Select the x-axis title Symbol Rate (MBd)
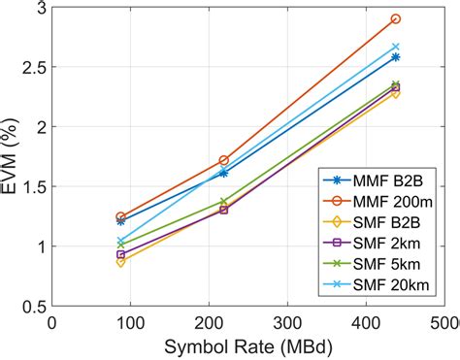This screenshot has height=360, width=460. (x=249, y=346)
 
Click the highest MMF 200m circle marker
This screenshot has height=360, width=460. (x=396, y=19)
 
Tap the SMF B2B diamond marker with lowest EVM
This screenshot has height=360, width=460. (x=120, y=262)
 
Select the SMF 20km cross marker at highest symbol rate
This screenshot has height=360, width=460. (x=396, y=47)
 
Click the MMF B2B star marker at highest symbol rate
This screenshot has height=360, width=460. (x=396, y=57)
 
